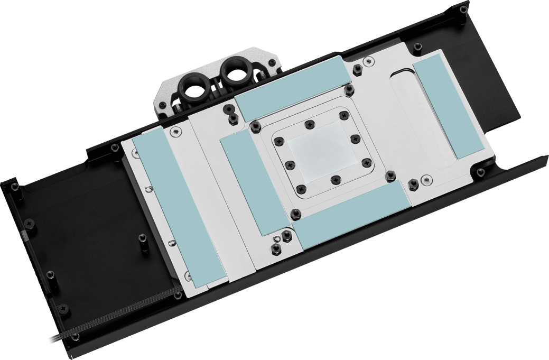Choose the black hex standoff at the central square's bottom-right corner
[x=390, y=174]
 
